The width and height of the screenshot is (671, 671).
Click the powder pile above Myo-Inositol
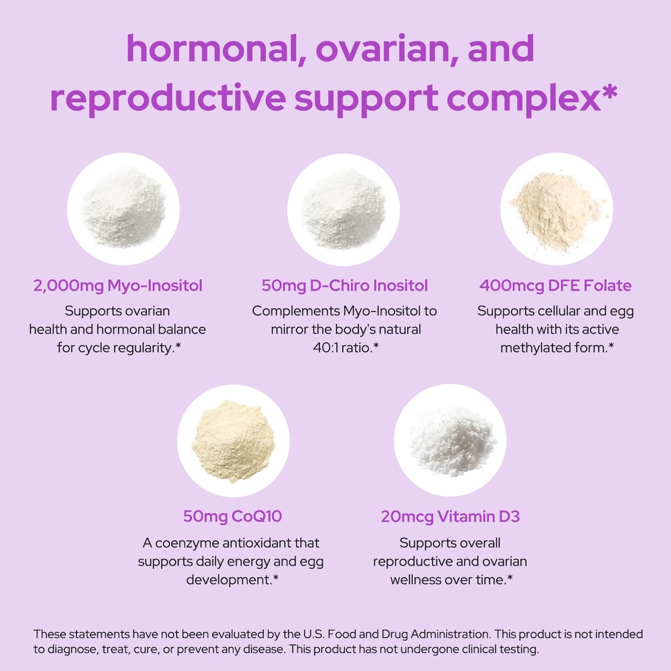pos(123,208)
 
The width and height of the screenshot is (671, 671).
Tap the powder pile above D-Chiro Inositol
pos(343,208)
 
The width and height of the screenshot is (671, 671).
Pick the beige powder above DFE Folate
pos(556,210)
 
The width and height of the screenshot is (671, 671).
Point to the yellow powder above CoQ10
pos(233,440)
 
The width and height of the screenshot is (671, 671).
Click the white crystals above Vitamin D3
pos(451,439)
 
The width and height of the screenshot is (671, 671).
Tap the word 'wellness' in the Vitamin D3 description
pos(419,580)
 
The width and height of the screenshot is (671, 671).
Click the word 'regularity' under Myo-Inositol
pos(142,347)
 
